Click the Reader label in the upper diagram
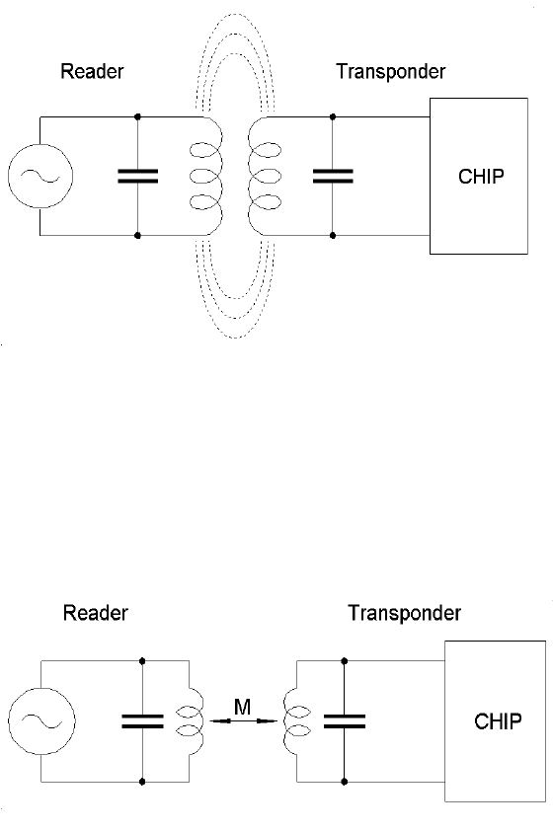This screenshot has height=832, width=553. [x=92, y=71]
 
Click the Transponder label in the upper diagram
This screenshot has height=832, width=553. [x=391, y=72]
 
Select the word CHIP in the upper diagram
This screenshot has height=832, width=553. [x=481, y=176]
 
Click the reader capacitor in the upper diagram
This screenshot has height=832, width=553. [x=137, y=176]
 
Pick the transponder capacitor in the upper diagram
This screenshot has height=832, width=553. [x=333, y=176]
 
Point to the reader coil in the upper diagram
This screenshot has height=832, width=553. [x=207, y=176]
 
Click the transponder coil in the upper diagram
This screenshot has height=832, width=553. [x=264, y=176]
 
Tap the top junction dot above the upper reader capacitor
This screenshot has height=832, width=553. [x=137, y=116]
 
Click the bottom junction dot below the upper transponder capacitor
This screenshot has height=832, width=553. [x=333, y=235]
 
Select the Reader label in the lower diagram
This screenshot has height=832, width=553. [x=96, y=613]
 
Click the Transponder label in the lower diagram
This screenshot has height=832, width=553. [x=405, y=613]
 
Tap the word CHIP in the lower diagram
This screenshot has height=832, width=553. [x=498, y=721]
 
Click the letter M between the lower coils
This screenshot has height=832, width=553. [x=243, y=707]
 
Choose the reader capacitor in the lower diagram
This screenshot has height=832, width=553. [x=142, y=721]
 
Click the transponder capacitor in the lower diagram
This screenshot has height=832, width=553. [x=344, y=721]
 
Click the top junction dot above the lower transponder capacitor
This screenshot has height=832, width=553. [x=344, y=661]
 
